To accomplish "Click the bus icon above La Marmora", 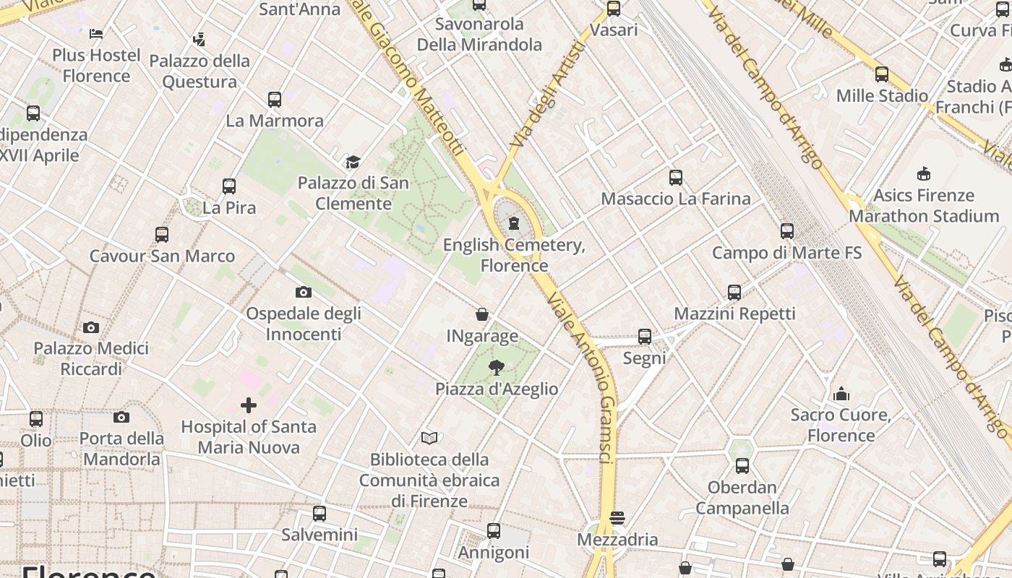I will (275, 99).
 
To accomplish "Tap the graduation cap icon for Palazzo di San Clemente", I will (353, 162).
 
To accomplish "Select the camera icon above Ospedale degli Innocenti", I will (304, 292).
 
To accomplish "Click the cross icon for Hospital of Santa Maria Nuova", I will (249, 405).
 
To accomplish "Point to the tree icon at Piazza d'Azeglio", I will (496, 368).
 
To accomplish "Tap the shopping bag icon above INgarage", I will (482, 314).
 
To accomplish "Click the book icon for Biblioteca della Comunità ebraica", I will (429, 438).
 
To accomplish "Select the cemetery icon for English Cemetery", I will (514, 223).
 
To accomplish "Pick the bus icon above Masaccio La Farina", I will (676, 177).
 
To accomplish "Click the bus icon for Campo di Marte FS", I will (787, 231).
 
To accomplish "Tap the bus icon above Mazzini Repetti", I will (734, 292).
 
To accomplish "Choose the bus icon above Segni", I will (645, 337).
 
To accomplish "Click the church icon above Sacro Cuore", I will (841, 394).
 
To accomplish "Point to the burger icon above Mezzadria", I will (617, 518).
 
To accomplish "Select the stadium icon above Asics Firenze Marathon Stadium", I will (924, 173).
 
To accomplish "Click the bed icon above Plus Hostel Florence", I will (96, 33).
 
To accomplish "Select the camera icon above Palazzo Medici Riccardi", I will (91, 327).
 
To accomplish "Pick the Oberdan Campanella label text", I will (742, 498).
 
